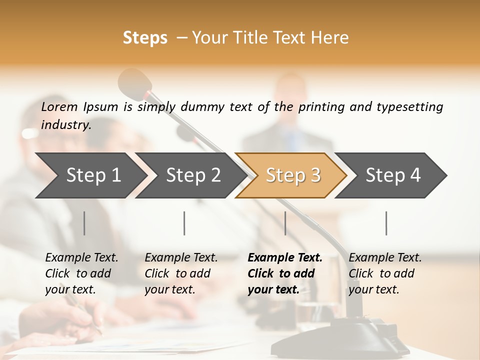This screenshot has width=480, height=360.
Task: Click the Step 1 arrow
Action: [92, 175]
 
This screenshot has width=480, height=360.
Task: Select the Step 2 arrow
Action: [192, 175]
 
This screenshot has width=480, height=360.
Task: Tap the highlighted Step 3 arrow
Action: [292, 175]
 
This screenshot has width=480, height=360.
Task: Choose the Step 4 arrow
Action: [392, 175]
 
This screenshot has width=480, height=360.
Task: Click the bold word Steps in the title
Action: [145, 37]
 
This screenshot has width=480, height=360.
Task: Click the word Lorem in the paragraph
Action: [59, 106]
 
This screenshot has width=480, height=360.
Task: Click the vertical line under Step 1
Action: [84, 223]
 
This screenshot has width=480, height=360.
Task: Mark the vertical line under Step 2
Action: [184, 223]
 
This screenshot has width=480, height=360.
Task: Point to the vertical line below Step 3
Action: [285, 223]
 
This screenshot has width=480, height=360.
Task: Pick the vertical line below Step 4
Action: [386, 223]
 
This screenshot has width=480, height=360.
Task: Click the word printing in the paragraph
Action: [320, 106]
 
